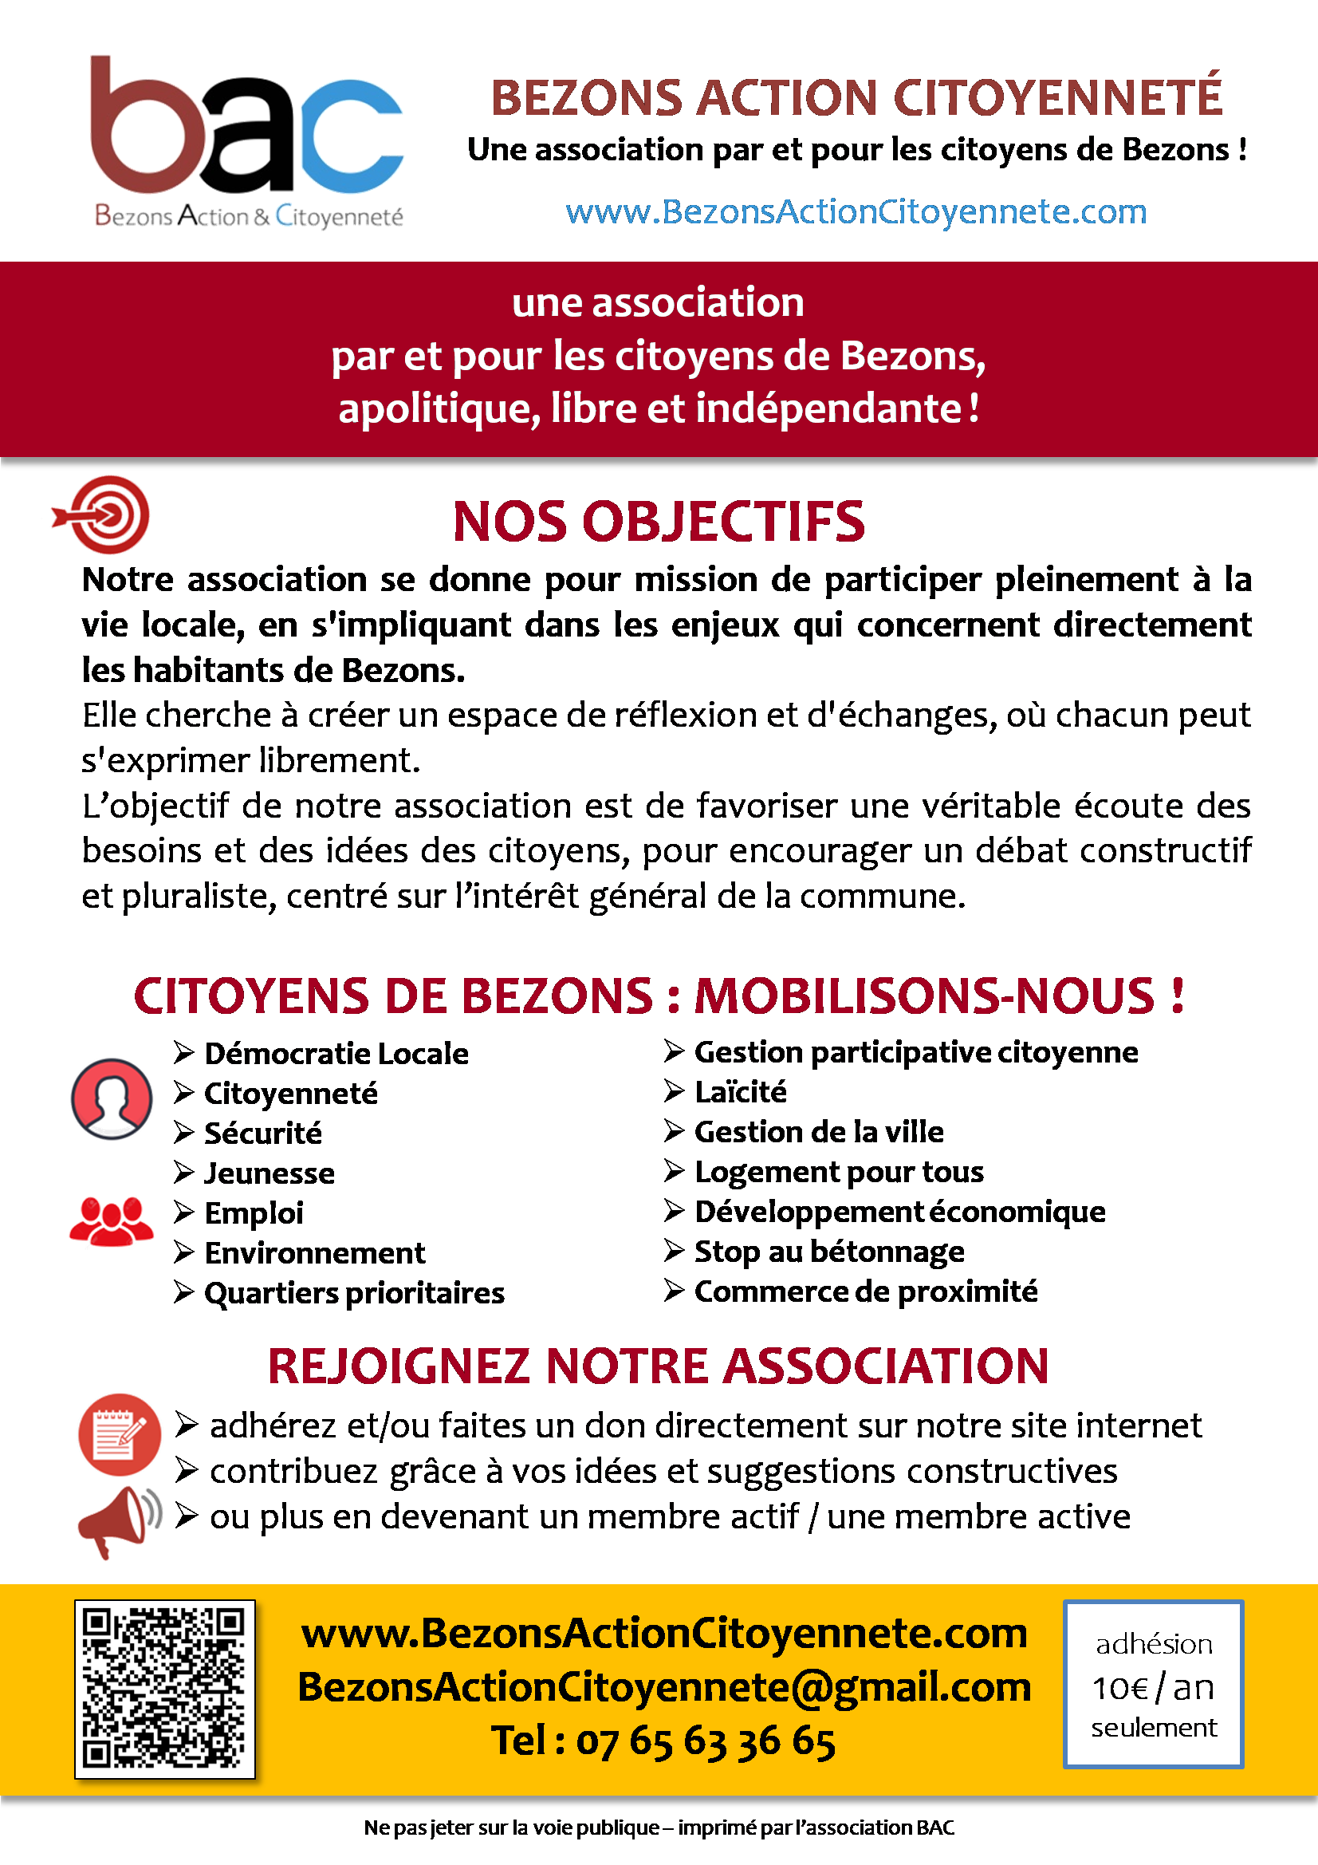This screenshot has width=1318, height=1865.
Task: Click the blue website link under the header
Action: (856, 212)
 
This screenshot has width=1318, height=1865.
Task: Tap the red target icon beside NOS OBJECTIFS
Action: (103, 515)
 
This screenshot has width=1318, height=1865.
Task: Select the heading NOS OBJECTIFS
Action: (659, 522)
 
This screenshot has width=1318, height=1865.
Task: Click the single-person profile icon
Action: (112, 1098)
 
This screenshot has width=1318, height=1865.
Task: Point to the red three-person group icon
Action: (112, 1220)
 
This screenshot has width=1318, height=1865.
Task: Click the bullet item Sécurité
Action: (262, 1134)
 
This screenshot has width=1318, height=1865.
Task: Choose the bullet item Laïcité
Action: (740, 1092)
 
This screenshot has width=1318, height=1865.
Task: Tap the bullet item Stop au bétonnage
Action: (828, 1252)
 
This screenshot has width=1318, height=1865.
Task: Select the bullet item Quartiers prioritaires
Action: (353, 1292)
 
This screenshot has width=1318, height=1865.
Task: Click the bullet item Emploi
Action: (254, 1212)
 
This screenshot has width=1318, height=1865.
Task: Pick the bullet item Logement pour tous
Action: (838, 1171)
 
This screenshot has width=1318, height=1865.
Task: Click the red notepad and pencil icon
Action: (120, 1434)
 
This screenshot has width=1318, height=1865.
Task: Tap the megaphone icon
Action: (119, 1520)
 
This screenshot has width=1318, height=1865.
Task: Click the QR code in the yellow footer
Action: (165, 1689)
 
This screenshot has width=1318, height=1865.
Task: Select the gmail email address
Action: (663, 1687)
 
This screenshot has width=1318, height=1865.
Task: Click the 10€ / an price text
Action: (1152, 1688)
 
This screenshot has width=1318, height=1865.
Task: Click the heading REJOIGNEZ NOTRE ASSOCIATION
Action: (658, 1366)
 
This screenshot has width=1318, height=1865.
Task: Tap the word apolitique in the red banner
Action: (439, 408)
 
